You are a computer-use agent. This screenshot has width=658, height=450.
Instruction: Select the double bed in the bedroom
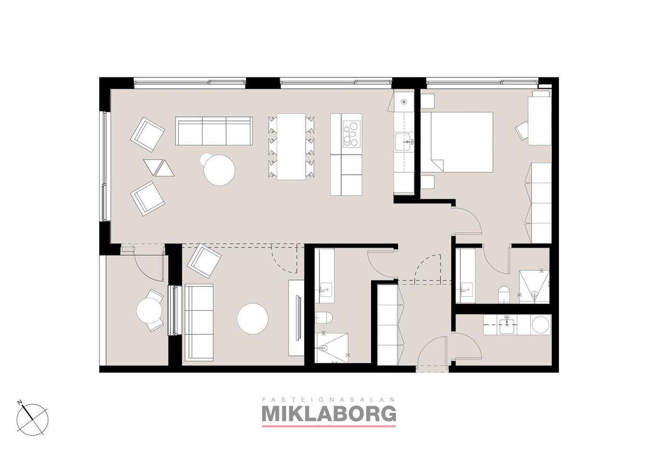457,142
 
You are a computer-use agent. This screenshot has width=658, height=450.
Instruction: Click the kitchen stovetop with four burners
351,134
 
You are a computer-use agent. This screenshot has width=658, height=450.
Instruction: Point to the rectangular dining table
291,146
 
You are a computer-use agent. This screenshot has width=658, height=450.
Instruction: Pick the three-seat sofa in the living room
214,131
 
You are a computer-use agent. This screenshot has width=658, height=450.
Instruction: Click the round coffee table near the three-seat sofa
219,170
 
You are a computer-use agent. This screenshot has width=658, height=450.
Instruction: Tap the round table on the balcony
149,310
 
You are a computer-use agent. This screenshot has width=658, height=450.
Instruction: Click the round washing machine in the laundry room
540,324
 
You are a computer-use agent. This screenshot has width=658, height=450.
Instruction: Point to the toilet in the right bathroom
503,294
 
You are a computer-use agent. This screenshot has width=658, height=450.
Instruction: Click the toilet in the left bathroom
324,318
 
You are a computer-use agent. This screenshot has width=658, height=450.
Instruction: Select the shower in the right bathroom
534,287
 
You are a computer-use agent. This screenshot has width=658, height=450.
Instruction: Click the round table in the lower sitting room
253,319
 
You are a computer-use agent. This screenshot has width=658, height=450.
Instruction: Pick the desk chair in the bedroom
522,131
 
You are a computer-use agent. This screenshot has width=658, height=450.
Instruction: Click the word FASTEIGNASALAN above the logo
328,400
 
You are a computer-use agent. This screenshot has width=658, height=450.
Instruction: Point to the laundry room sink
506,325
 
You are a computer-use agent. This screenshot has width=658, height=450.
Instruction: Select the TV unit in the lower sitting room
296,318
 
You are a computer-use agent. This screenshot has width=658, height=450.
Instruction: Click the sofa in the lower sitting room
199,322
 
